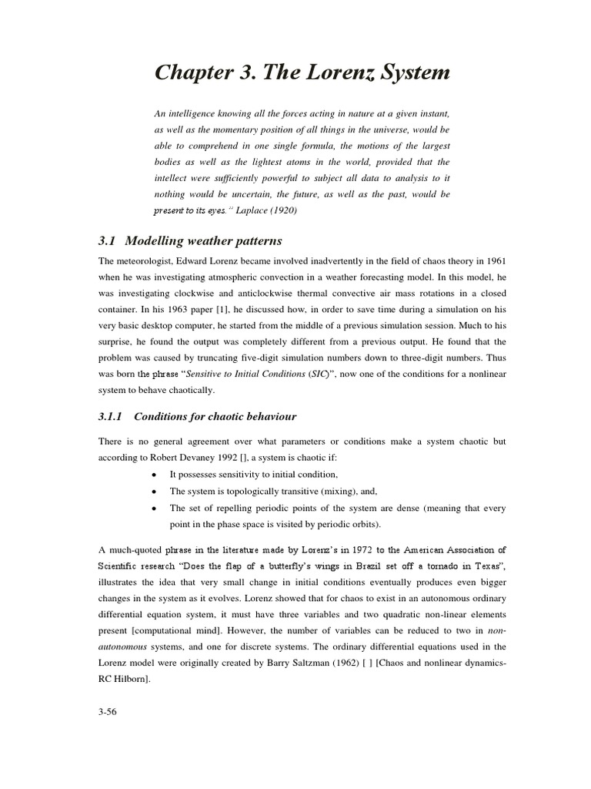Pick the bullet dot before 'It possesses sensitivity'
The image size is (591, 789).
coord(155,474)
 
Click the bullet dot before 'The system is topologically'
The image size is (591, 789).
coord(155,492)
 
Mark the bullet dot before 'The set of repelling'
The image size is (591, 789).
coord(155,509)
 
